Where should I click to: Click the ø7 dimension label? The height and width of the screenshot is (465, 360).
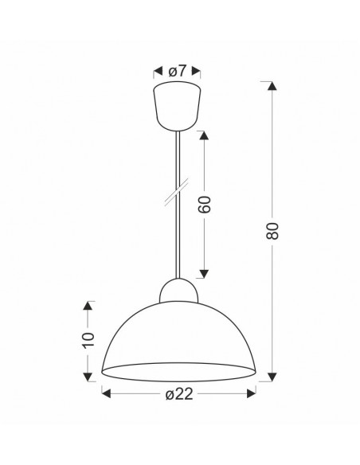point(177,71)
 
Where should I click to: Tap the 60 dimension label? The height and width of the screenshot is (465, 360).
point(205,205)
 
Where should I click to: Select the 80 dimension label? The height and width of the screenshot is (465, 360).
point(272,231)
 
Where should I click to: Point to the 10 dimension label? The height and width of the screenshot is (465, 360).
point(88,340)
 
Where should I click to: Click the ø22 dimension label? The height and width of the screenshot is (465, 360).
point(179,394)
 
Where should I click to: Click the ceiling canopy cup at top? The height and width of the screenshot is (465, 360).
point(177,106)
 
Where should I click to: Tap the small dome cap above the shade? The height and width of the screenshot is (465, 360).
point(178,291)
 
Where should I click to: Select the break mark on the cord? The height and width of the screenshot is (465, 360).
point(177,192)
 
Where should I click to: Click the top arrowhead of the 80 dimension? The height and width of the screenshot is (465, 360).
point(272,86)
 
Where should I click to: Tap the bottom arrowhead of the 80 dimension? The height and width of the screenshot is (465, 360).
point(272,377)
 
